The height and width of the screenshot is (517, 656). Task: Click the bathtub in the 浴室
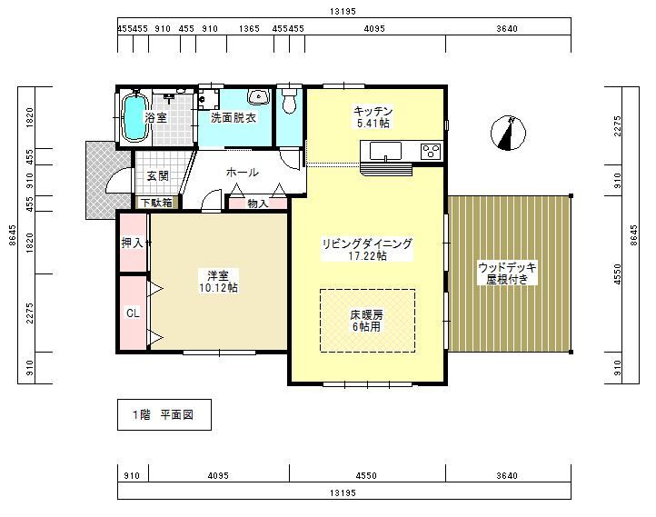pyautogui.click(x=134, y=117)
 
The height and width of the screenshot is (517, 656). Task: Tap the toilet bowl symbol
pyautogui.click(x=289, y=100)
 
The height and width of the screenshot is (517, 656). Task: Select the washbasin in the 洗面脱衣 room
pyautogui.click(x=259, y=96)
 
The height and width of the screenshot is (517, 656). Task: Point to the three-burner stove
pyautogui.click(x=431, y=151)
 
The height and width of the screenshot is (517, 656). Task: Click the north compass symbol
pyautogui.click(x=508, y=133)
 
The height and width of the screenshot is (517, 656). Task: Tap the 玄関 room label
pyautogui.click(x=158, y=176)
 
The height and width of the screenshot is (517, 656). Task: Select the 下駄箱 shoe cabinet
pyautogui.click(x=156, y=203)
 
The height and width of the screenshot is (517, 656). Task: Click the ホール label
pyautogui.click(x=243, y=172)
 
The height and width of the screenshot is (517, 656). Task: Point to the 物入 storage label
pyautogui.click(x=258, y=204)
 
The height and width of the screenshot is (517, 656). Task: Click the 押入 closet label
pyautogui.click(x=133, y=243)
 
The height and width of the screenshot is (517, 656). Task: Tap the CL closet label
pyautogui.click(x=133, y=313)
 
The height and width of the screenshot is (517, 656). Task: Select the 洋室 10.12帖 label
pyautogui.click(x=218, y=282)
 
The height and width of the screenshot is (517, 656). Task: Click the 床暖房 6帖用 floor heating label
pyautogui.click(x=367, y=321)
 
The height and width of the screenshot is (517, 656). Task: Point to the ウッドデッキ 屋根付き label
pyautogui.click(x=507, y=273)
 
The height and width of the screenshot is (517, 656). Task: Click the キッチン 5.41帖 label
pyautogui.click(x=373, y=117)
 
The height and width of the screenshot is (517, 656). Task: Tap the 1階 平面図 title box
pyautogui.click(x=164, y=414)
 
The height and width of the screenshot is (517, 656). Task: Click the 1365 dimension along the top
pyautogui.click(x=249, y=29)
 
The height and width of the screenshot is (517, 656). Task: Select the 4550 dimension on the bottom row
pyautogui.click(x=366, y=475)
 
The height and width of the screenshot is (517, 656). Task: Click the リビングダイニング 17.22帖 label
pyautogui.click(x=367, y=249)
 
